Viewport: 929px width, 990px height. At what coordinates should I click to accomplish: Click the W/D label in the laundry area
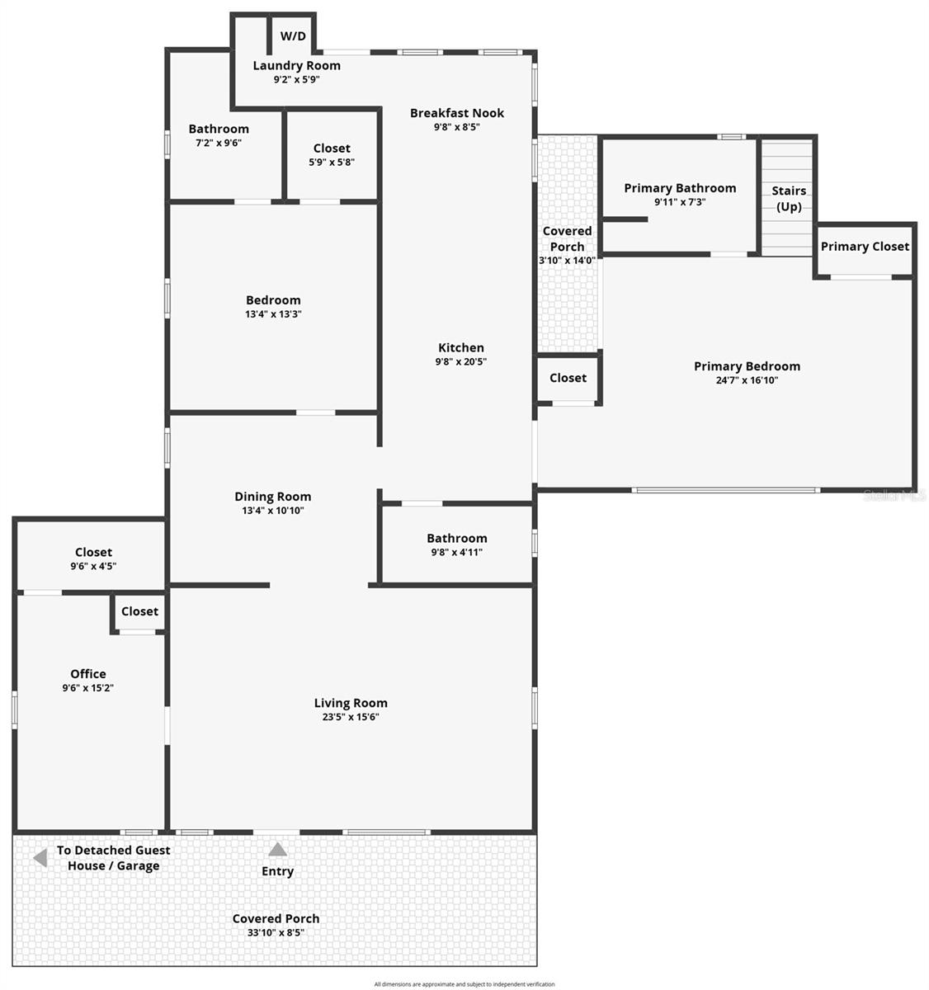coord(293,36)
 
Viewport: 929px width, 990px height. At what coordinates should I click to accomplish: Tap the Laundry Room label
coord(296,66)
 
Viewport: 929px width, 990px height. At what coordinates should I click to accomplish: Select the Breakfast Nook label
coord(457,113)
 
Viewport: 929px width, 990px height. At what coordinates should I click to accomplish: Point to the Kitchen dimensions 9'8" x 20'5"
coord(461,361)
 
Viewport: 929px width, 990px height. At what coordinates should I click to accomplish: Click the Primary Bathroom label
coord(680,188)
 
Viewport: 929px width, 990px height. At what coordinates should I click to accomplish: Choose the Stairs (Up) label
coord(789,199)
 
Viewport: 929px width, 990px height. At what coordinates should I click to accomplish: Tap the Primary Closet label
coord(865,247)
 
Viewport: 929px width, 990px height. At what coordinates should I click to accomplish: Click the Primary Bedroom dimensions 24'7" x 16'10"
coord(747,380)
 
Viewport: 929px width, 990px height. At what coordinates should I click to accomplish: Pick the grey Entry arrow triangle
coord(278,849)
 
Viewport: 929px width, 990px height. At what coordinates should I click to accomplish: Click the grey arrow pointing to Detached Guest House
coord(40,859)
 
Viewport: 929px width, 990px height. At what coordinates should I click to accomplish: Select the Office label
coord(88,674)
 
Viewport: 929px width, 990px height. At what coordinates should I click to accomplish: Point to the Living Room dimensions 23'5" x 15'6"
coord(351,717)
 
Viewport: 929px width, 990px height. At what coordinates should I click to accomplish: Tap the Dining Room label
coord(273,497)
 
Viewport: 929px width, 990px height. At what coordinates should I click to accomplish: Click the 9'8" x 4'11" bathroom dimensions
coord(457,552)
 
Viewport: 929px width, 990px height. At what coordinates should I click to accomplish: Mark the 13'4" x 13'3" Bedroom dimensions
coord(273,314)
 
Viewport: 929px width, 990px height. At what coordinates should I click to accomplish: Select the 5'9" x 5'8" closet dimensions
coord(332,163)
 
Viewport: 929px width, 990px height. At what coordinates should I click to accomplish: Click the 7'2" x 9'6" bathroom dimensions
coord(219,143)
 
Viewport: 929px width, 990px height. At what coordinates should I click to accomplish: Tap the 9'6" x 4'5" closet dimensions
coord(93,566)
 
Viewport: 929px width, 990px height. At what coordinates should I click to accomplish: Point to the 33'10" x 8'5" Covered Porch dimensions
coord(276,933)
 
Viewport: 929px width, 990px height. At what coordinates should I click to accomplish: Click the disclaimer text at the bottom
coord(465,984)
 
